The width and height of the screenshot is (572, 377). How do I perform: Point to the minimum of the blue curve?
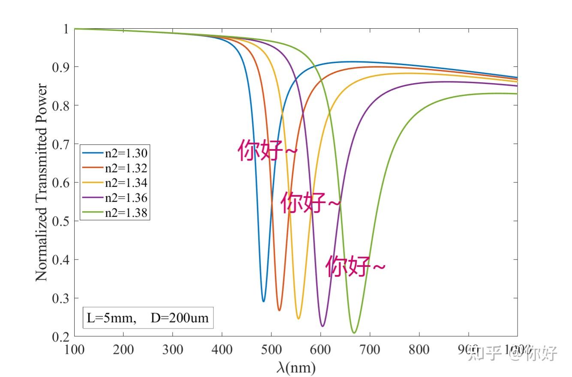(x=263, y=301)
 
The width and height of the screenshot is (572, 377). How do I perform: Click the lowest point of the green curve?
(x=354, y=332)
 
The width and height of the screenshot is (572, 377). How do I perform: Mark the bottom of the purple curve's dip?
(x=322, y=326)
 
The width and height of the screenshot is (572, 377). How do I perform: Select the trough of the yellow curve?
(x=298, y=318)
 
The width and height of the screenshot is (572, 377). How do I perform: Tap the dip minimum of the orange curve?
(x=279, y=310)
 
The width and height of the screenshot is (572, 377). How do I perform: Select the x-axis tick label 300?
(x=172, y=350)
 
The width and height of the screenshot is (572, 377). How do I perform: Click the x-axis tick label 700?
(x=369, y=350)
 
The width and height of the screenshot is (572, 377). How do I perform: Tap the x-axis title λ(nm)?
(x=296, y=367)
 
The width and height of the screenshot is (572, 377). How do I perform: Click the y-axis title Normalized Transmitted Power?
(x=42, y=182)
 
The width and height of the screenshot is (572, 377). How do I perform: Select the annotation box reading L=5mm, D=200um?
(x=148, y=318)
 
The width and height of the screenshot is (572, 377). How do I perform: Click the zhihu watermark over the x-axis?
(x=512, y=353)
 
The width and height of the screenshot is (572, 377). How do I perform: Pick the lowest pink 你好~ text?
(x=355, y=266)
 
